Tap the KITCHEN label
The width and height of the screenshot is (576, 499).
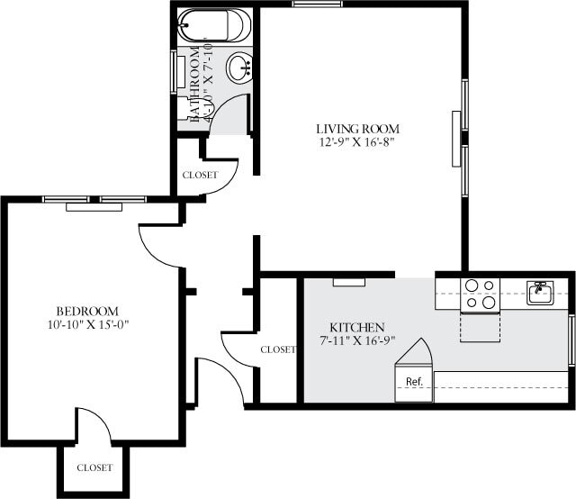point(356,327)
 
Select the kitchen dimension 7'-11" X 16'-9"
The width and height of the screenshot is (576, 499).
point(356,340)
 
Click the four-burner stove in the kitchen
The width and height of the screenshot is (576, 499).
point(480,295)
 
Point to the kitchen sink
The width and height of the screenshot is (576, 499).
point(540,293)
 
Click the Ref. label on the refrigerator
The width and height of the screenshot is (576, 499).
point(414,382)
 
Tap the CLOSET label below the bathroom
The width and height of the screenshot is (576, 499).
point(200,175)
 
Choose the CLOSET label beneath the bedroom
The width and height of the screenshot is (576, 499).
point(94,467)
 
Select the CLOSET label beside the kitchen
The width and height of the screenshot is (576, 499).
point(278,349)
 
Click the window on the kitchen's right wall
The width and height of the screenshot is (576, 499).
point(571,339)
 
